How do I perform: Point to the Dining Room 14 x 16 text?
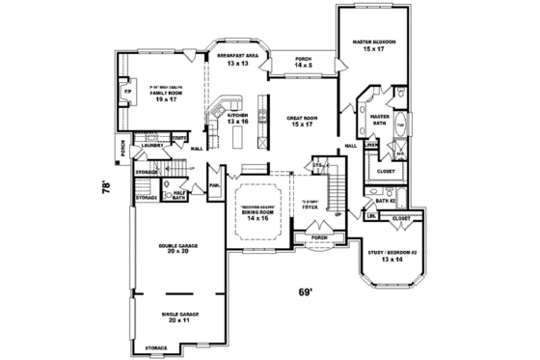(256, 215)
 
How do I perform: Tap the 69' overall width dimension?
(306, 291)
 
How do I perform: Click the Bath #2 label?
(399, 200)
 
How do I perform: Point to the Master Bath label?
(379, 119)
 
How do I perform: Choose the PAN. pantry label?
(215, 183)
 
